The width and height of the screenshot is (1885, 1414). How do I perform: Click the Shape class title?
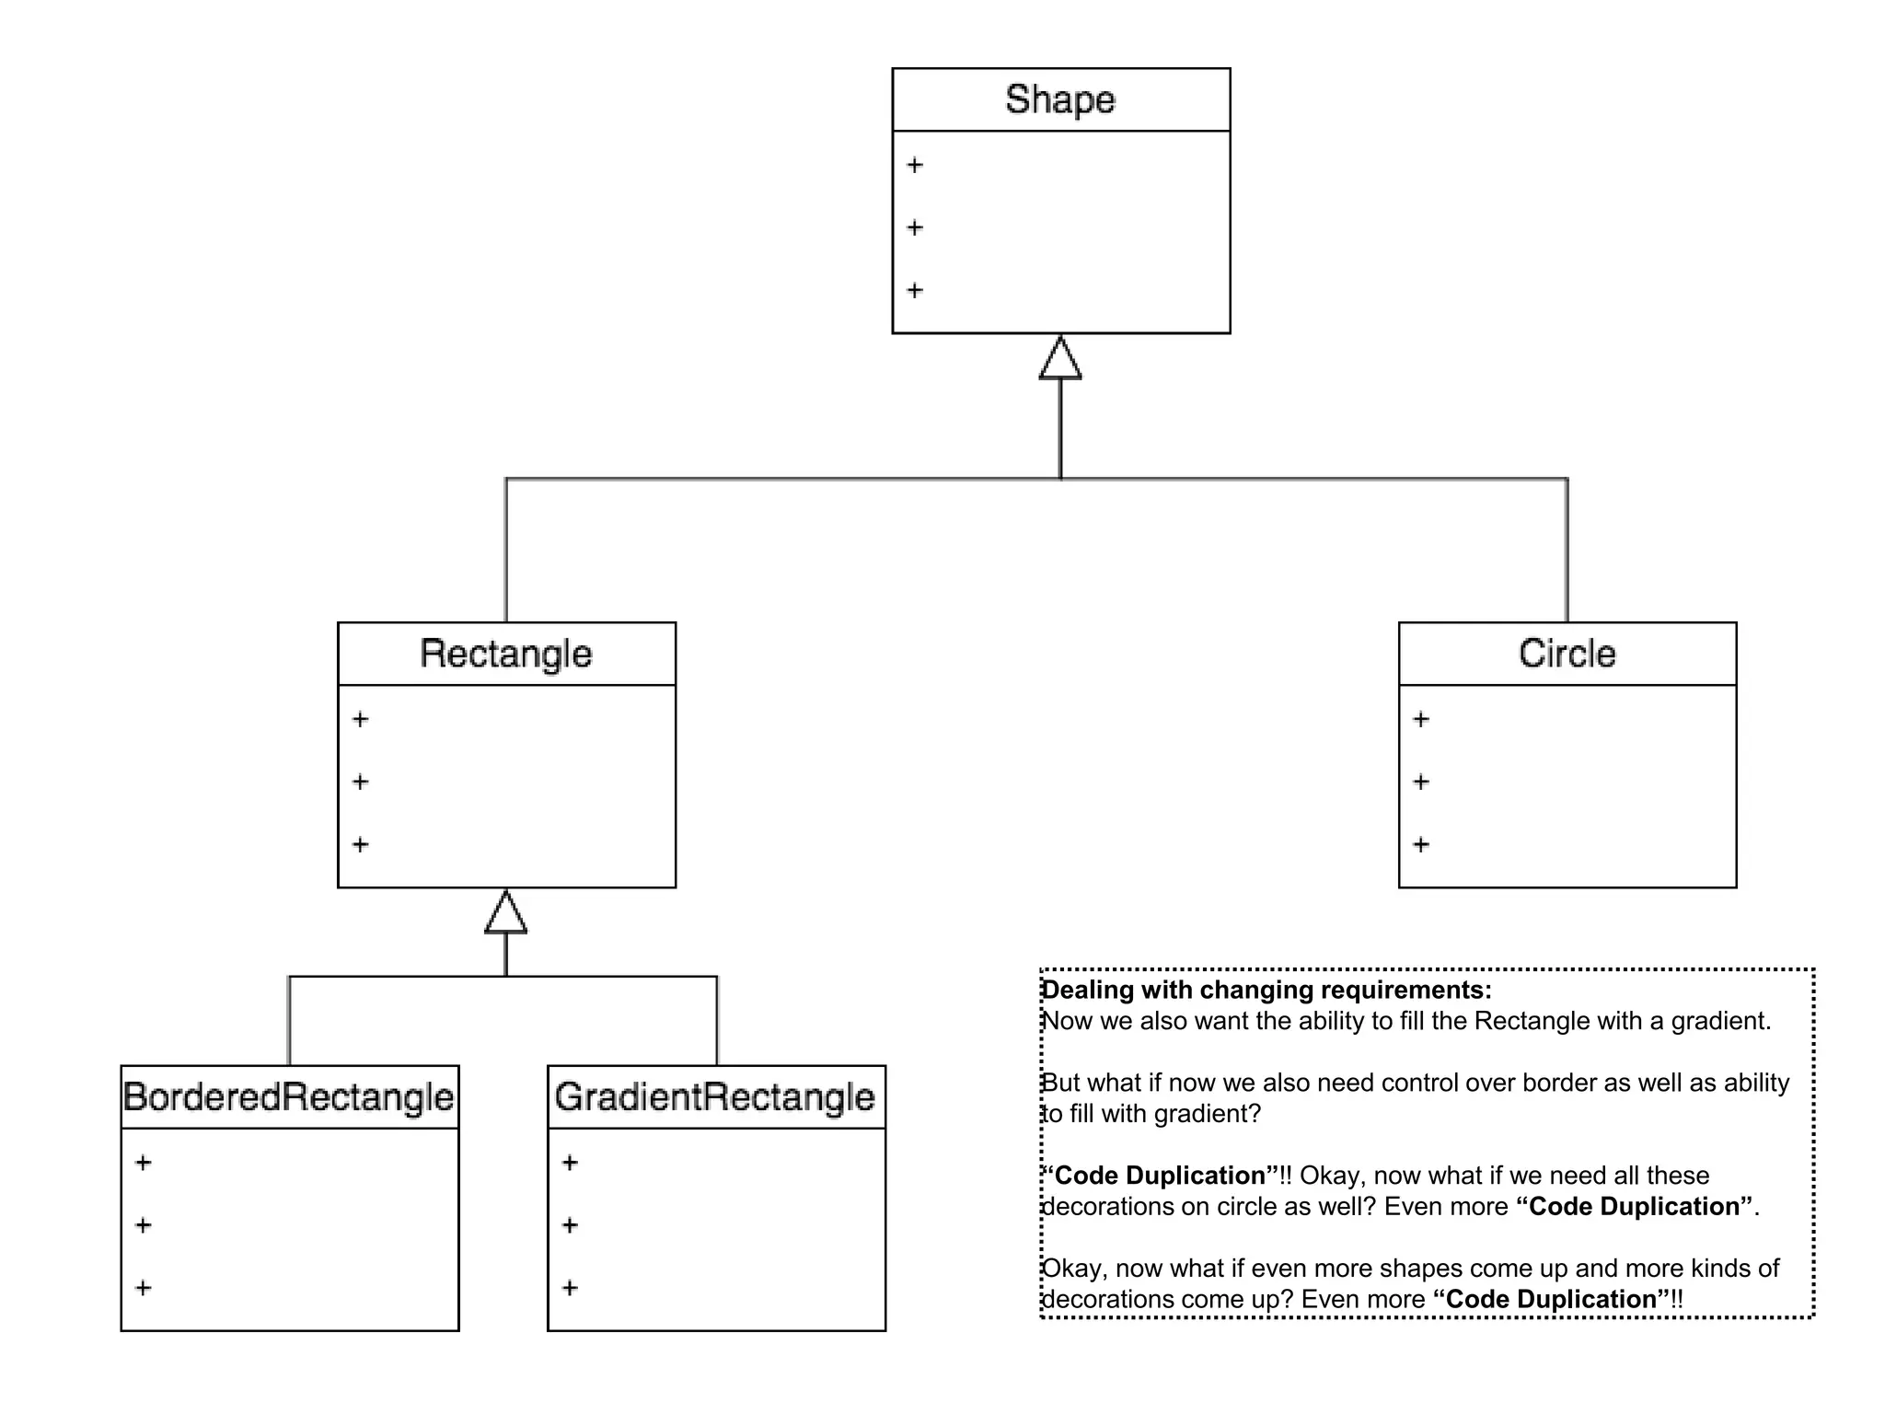[x=1059, y=99]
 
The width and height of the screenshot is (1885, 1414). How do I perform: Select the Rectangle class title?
[x=505, y=654]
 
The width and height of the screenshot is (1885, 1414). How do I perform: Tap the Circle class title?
[x=1567, y=654]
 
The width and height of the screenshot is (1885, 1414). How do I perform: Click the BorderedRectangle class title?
[x=289, y=1097]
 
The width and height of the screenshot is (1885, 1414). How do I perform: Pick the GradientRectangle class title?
[x=715, y=1097]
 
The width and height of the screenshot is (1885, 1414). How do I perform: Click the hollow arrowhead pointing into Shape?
[x=1060, y=359]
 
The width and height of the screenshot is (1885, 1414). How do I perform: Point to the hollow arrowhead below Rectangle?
[x=505, y=913]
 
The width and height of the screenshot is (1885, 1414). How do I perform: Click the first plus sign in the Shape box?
[x=915, y=166]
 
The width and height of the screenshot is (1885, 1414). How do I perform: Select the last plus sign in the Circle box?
[x=1421, y=844]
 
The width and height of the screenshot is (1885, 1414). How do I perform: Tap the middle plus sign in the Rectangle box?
[x=361, y=782]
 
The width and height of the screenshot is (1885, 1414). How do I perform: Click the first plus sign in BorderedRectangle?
[x=144, y=1163]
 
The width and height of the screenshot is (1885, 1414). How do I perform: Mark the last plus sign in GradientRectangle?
[x=570, y=1288]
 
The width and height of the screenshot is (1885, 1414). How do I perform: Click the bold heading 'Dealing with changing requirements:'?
[x=1266, y=990]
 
